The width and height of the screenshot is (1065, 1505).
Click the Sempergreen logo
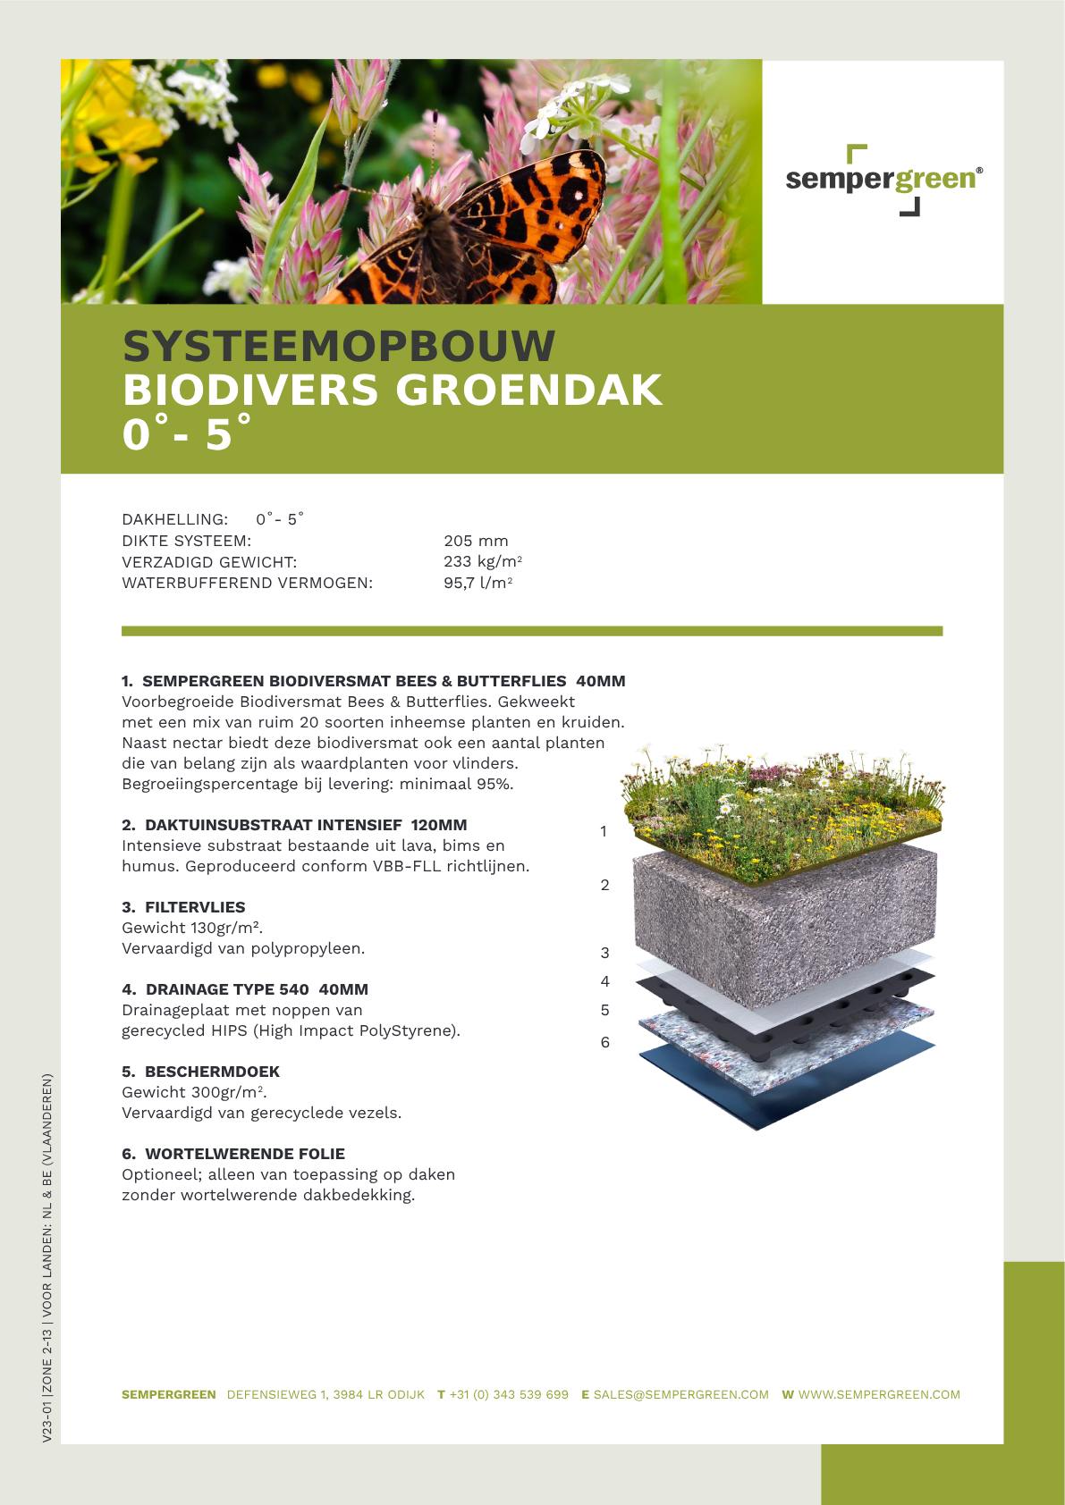(883, 180)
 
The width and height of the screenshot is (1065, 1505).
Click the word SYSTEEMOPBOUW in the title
(339, 347)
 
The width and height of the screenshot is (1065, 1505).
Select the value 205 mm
(476, 541)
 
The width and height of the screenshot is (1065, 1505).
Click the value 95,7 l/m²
(478, 584)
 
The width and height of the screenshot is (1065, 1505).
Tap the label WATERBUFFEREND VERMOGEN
(247, 584)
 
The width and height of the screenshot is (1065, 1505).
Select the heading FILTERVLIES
(194, 907)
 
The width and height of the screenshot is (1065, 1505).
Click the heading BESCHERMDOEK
(211, 1072)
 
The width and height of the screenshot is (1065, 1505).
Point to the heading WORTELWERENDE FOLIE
(244, 1154)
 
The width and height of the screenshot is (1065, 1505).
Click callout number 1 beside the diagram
(604, 831)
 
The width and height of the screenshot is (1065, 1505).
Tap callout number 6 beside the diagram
(605, 1042)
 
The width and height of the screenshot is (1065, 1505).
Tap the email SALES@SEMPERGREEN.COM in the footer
(680, 1394)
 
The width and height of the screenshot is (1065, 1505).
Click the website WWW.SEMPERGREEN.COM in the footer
(878, 1394)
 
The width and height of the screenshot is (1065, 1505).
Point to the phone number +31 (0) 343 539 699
(508, 1394)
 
